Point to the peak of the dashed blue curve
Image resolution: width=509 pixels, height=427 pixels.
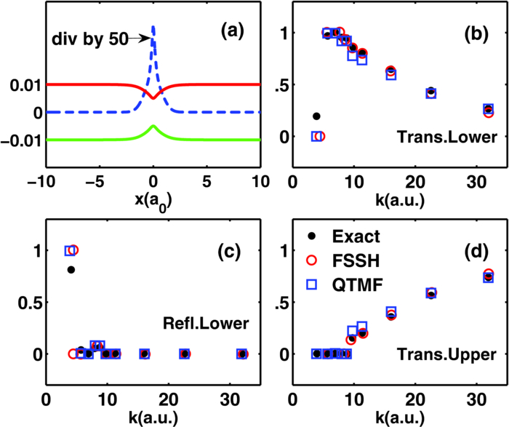(153, 26)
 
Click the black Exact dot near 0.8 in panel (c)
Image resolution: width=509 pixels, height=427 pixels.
(71, 270)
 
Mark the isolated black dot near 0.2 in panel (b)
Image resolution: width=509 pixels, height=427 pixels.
(316, 116)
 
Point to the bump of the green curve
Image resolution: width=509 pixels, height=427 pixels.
(153, 127)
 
